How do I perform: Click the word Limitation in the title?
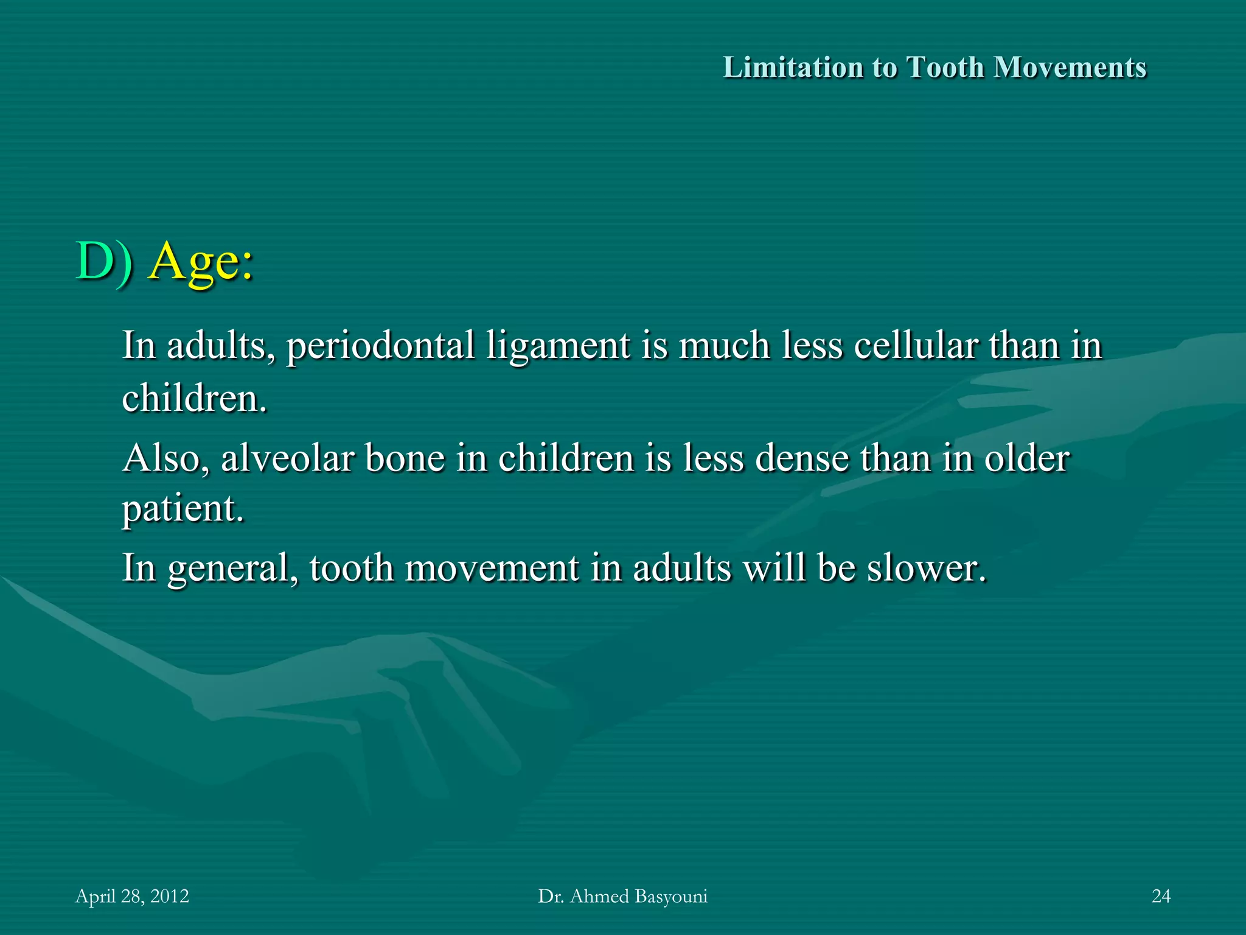click(792, 68)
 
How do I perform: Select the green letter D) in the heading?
click(103, 262)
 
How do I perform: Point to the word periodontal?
click(380, 346)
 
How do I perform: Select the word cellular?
click(916, 345)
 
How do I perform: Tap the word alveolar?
click(288, 458)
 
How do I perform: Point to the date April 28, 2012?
click(132, 896)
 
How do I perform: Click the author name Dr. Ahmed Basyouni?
click(622, 896)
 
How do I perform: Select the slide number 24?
click(1161, 896)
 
